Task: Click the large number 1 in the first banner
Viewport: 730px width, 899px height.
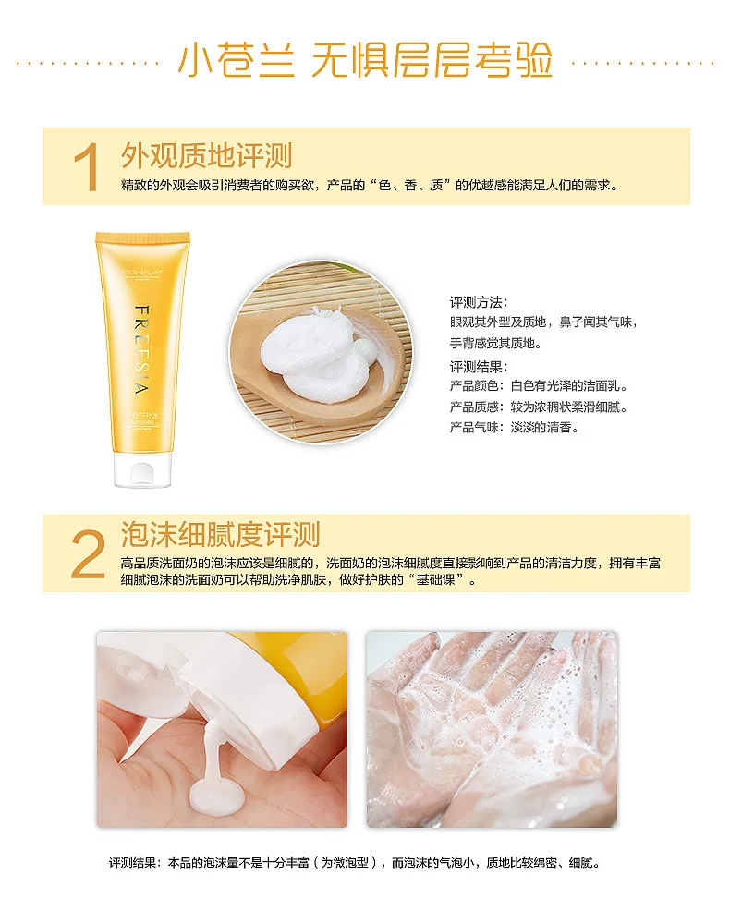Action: [87, 167]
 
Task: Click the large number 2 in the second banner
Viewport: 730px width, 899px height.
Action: [89, 553]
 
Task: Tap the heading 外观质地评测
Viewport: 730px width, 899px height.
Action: [206, 155]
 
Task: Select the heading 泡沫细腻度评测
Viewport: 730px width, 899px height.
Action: [220, 534]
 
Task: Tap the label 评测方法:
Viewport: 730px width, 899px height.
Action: [479, 302]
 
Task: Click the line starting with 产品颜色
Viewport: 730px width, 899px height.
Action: [539, 386]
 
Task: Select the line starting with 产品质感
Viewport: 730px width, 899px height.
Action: [539, 407]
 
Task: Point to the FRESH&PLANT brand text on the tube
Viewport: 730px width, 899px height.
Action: [141, 273]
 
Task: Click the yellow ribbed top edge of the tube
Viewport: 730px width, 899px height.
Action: [142, 237]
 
